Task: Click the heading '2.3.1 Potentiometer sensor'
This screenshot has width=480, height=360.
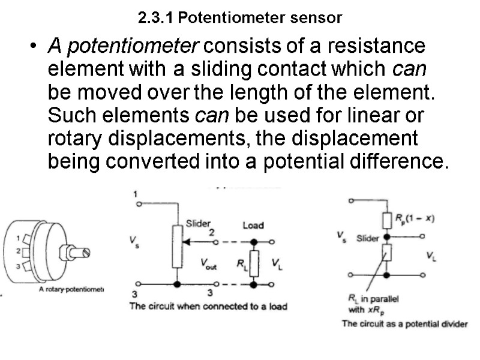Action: tap(240, 18)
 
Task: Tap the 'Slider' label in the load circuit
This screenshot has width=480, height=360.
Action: tap(197, 223)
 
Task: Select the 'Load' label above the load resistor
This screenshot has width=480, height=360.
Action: tap(253, 226)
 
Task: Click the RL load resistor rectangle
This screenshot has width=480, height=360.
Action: tap(254, 263)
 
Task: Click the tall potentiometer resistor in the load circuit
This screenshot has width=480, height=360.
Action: tap(177, 247)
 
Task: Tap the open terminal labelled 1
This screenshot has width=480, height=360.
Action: tap(139, 204)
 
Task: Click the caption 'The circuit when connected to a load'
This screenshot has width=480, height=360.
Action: tap(208, 306)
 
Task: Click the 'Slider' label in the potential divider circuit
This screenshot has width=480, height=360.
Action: tap(368, 238)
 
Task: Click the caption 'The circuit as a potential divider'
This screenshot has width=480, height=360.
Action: tap(404, 325)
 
